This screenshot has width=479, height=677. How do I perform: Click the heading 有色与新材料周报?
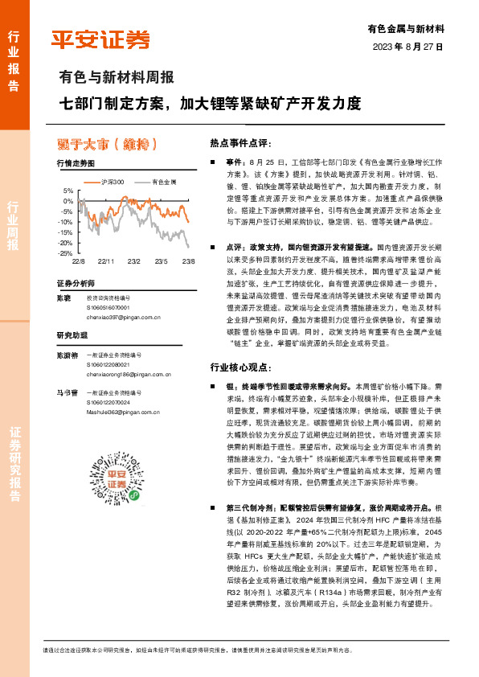[x=117, y=79]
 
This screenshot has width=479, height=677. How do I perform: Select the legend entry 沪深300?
[x=112, y=183]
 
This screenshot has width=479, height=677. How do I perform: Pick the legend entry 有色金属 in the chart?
[x=165, y=183]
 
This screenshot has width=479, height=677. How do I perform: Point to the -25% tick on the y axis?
[x=67, y=253]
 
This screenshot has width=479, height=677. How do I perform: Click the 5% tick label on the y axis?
[x=69, y=191]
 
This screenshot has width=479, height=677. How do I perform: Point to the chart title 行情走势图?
[x=76, y=163]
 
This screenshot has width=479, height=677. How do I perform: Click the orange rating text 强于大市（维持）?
[x=107, y=144]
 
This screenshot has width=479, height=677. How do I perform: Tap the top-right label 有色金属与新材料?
[x=411, y=27]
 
